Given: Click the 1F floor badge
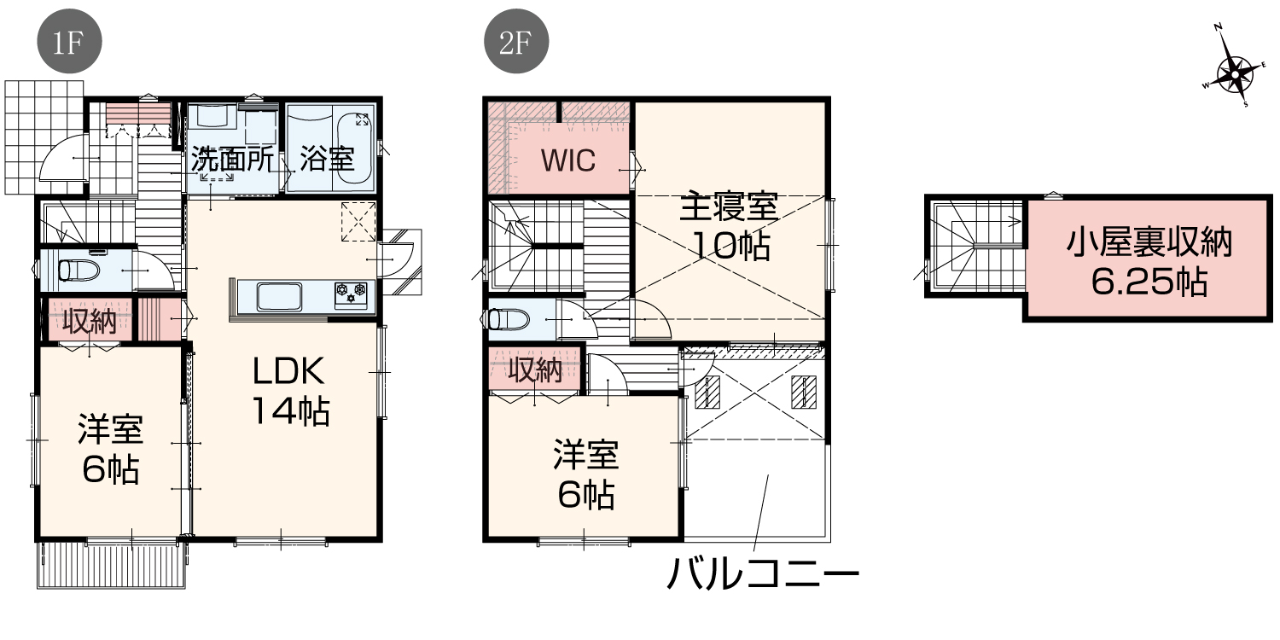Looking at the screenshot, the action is click(70, 41).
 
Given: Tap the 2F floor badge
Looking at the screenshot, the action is click(516, 41).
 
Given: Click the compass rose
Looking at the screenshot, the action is click(1234, 73).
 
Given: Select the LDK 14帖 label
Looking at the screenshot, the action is click(290, 391).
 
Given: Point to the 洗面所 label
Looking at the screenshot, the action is click(232, 160).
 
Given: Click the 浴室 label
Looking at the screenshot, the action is click(328, 159).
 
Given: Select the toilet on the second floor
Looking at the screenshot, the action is click(508, 320).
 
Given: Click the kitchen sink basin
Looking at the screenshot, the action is click(281, 297).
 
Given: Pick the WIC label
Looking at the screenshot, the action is click(568, 160).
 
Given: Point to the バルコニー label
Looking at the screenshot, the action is click(762, 573).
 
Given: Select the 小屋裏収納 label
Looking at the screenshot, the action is click(1149, 243).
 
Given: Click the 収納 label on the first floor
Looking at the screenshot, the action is click(90, 321).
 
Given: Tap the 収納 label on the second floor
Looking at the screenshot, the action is click(536, 370).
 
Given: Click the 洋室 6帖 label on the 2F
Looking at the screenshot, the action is click(585, 474).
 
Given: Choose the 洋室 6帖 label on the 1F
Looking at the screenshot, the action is click(110, 449).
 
